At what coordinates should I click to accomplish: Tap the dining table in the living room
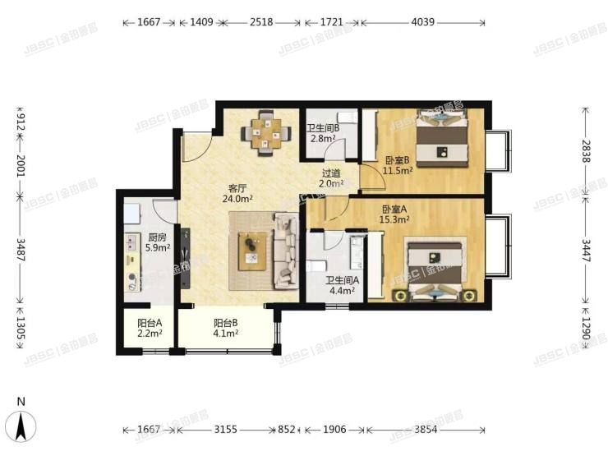coord(267,132)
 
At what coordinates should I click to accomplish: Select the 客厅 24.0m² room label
coord(237,192)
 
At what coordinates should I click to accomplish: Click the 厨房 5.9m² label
coord(156,242)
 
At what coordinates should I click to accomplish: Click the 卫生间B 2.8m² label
coord(322,134)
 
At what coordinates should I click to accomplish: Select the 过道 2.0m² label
coord(331,178)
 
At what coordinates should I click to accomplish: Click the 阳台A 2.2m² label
coord(149,329)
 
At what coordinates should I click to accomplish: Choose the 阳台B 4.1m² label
coord(226,329)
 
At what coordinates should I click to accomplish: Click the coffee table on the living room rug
coord(252,250)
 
